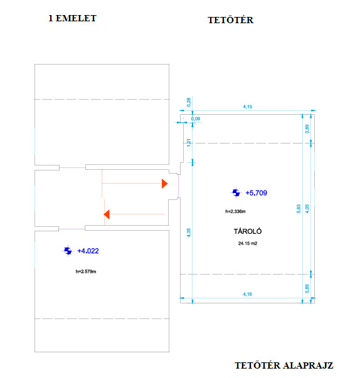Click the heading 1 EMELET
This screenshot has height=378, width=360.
pyautogui.click(x=72, y=18)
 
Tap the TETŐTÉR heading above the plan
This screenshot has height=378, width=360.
pyautogui.click(x=231, y=20)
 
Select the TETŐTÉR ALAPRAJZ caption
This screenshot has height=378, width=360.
pyautogui.click(x=284, y=365)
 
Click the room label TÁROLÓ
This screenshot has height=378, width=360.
pyautogui.click(x=248, y=231)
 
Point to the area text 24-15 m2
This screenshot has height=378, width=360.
pyautogui.click(x=248, y=243)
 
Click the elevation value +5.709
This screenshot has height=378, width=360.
pyautogui.click(x=256, y=193)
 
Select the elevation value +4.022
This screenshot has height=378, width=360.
pyautogui.click(x=88, y=251)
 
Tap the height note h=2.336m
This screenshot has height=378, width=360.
pyautogui.click(x=236, y=211)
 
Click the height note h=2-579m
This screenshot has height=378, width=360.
pyautogui.click(x=86, y=271)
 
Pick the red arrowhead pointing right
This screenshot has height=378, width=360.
pyautogui.click(x=165, y=184)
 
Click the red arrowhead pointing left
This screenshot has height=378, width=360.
pyautogui.click(x=107, y=214)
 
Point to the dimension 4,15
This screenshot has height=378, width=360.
pyautogui.click(x=248, y=107)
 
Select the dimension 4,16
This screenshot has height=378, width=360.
pyautogui.click(x=248, y=294)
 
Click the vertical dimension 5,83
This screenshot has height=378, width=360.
pyautogui.click(x=299, y=209)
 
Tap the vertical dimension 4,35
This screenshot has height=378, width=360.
pyautogui.click(x=189, y=233)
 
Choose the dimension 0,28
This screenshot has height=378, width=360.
pyautogui.click(x=189, y=102)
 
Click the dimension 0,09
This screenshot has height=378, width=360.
pyautogui.click(x=196, y=118)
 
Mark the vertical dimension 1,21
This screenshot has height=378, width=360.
pyautogui.click(x=189, y=143)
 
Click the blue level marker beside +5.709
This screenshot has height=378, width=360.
pyautogui.click(x=236, y=193)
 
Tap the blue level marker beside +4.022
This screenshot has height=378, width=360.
pyautogui.click(x=68, y=251)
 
